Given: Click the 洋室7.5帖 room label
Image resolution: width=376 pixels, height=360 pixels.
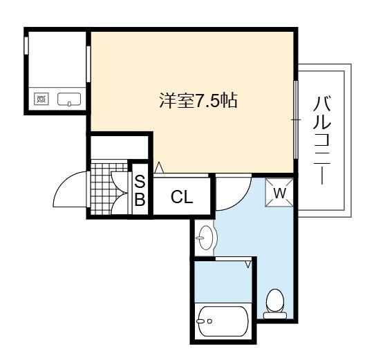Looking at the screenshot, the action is point(198,101).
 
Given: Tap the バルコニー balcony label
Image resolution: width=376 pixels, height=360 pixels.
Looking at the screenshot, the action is point(322,140).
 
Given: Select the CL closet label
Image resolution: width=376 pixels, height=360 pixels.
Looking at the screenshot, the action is point(182,197).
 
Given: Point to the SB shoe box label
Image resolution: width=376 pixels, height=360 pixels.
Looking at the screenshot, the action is point(140,191).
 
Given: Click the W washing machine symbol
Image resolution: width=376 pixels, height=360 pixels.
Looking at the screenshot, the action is point(279,193).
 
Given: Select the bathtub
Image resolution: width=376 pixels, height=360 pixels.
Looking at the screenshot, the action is point(223,321).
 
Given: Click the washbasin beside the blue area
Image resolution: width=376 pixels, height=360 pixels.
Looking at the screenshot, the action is point(206,238).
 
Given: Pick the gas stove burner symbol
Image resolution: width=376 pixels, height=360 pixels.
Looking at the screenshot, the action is point(41,99).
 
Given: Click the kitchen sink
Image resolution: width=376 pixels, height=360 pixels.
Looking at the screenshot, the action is point(69,99).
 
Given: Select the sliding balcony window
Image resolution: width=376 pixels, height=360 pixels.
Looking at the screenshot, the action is point(296,120).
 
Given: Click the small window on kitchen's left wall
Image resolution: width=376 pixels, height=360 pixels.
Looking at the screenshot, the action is point(26,46).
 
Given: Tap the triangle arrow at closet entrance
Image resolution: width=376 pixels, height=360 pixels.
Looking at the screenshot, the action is point(159,167).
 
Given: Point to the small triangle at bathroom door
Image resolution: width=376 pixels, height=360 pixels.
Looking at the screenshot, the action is point(247,265).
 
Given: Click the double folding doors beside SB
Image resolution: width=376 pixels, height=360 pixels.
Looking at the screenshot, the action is point(120,193).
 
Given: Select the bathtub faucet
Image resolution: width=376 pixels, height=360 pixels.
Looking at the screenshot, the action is point(203,321).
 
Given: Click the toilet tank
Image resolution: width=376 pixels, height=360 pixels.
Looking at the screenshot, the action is point(275,315).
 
